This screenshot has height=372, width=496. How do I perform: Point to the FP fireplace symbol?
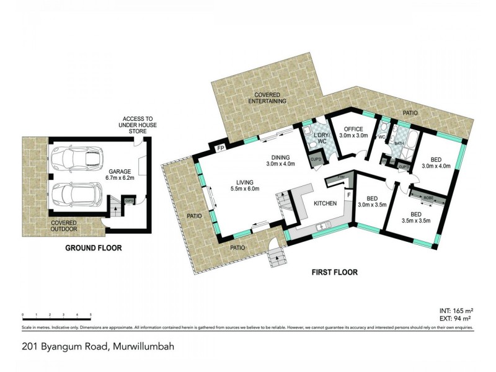tap(220, 149)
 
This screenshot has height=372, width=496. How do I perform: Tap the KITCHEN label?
tap(325, 203)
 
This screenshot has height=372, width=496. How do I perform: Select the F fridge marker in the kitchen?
tap(349, 196)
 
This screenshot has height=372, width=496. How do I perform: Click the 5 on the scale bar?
tap(91, 316)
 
